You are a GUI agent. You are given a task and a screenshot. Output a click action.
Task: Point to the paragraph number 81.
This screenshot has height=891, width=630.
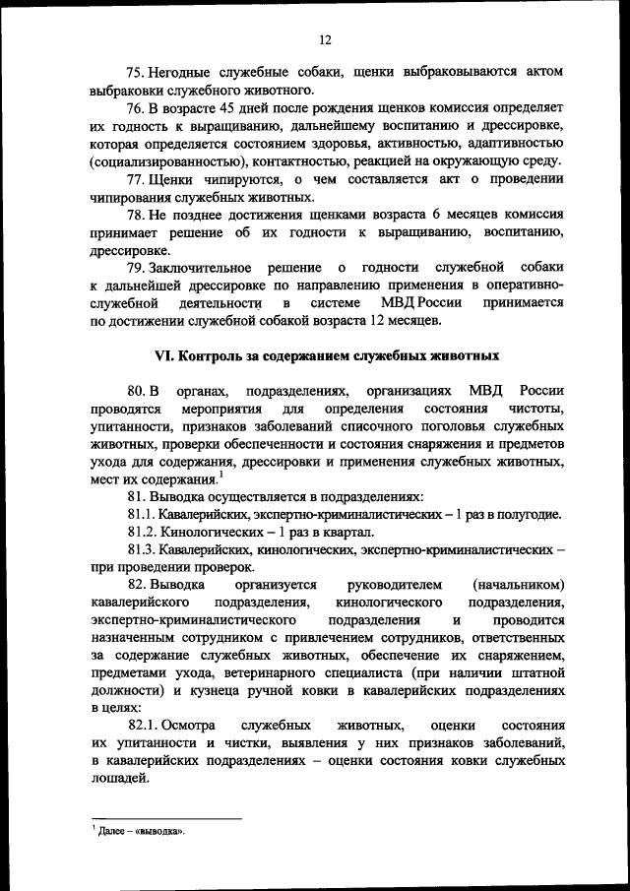pos(136,496)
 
